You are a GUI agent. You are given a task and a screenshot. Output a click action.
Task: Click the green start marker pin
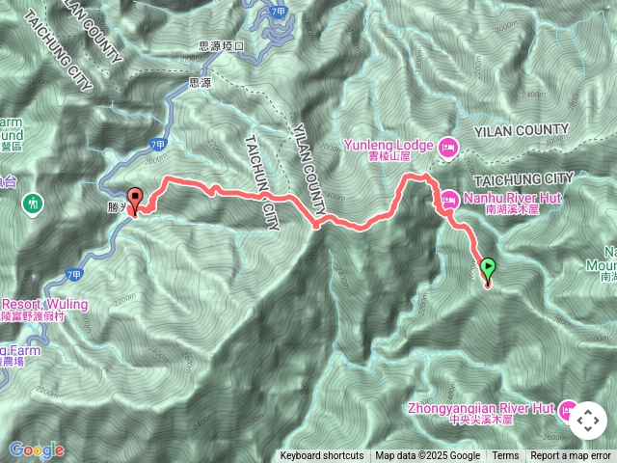pyautogui.click(x=488, y=269)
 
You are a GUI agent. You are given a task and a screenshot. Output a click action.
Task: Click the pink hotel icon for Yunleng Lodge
pyautogui.click(x=447, y=148)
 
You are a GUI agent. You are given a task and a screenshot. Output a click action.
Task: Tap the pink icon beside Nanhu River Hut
pyautogui.click(x=449, y=202)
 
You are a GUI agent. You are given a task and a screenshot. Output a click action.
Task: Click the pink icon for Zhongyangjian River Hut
pyautogui.click(x=566, y=409)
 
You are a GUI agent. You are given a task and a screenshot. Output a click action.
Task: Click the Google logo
pyautogui.click(x=36, y=449)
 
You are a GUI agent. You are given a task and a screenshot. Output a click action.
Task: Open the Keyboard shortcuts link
pyautogui.click(x=322, y=456)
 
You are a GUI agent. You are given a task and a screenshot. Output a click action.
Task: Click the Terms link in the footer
pyautogui.click(x=505, y=456)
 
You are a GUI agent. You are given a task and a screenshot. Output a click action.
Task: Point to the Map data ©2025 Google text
pyautogui.click(x=427, y=456)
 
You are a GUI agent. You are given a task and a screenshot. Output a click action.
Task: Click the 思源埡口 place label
pyautogui.click(x=223, y=45)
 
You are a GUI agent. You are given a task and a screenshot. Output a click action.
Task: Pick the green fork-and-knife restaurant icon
pyautogui.click(x=35, y=204)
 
